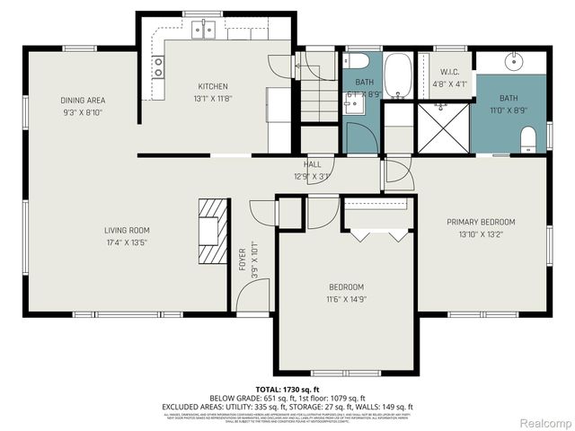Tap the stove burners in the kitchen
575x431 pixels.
[158, 65]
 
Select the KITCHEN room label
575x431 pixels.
[213, 86]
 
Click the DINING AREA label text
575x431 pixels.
[83, 101]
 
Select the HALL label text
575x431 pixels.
[312, 164]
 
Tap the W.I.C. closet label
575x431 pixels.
[449, 72]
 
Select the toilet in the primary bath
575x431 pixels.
[529, 136]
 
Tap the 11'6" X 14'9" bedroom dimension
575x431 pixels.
[345, 299]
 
